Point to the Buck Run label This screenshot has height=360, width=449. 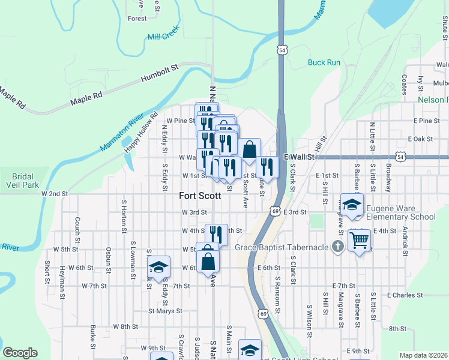(324, 62)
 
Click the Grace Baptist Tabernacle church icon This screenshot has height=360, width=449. (339, 247)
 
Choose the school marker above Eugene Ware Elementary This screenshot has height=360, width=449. (352, 204)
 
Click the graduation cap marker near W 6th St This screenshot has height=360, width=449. (158, 268)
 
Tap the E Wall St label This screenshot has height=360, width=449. (300, 157)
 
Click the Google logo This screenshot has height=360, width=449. (20, 353)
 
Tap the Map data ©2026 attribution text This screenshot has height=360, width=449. (424, 355)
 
